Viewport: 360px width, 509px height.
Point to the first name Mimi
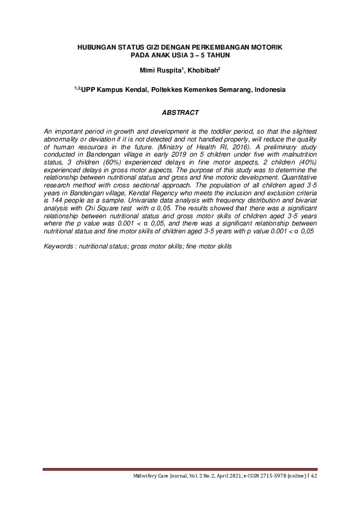[x=149, y=71]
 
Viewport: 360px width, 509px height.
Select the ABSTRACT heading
[x=180, y=113]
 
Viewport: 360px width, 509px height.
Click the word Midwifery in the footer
[x=146, y=477]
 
